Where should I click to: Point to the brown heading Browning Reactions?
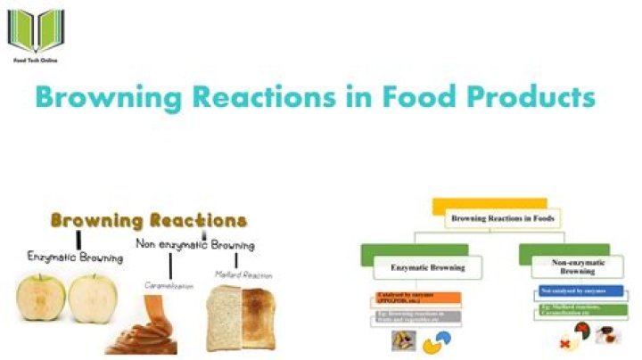tap(148, 220)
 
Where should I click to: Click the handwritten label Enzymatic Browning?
tap(76, 257)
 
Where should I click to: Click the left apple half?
tap(39, 298)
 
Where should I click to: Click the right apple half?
tap(94, 298)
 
